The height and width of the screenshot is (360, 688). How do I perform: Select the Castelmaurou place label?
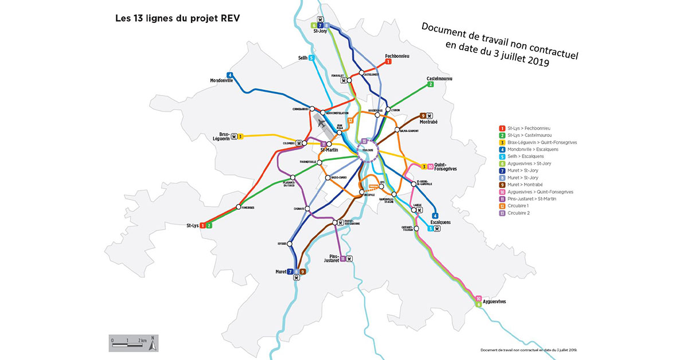[x=440, y=78]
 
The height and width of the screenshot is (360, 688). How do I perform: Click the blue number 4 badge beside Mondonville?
[x=230, y=75]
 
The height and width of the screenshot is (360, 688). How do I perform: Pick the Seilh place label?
[x=303, y=58]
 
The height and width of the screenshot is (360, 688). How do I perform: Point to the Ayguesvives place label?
[x=497, y=300]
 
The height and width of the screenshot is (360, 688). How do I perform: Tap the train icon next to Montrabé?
[x=430, y=115]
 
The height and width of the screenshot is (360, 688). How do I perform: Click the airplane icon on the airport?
[x=322, y=123]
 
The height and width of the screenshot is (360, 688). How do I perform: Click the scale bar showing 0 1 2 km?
[x=128, y=343]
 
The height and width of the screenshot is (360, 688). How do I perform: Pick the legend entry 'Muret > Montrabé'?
[x=525, y=185]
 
